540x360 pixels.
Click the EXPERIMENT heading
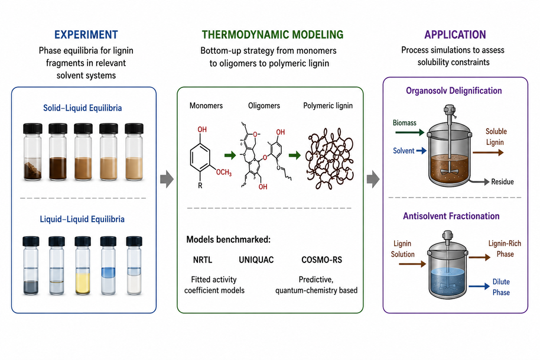pos(86,34)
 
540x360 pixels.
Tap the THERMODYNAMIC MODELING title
pos(272,34)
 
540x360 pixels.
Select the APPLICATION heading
pos(455,34)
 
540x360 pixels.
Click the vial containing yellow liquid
pos(83,265)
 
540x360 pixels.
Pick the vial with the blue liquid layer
pos(109,265)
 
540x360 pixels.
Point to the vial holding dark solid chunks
pos(32,152)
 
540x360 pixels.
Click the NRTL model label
pos(203,260)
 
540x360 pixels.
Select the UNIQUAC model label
pos(256,260)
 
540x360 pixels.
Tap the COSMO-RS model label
pos(321,260)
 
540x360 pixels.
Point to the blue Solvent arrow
pos(421,151)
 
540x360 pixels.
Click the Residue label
pos(502,182)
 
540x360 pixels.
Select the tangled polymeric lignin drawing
pos(330,159)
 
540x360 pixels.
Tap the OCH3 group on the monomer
pos(224,172)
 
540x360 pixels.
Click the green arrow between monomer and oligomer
pos(230,155)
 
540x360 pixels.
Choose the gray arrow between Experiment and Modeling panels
pos(167,179)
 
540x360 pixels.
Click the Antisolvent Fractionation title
pos(451,216)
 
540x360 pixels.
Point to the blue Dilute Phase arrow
pos(479,286)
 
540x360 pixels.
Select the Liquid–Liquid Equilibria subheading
pos(82,219)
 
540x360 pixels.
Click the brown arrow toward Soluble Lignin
pos(488,153)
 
